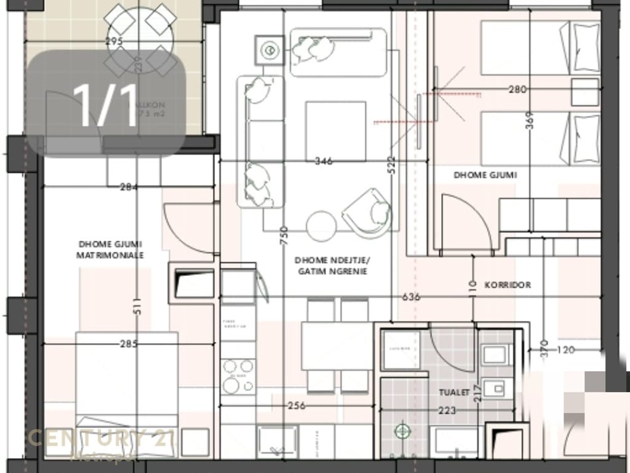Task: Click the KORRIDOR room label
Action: tap(508, 285)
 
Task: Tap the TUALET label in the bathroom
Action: tap(454, 392)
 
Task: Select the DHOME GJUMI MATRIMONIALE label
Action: tap(111, 249)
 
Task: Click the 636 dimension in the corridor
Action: tap(411, 297)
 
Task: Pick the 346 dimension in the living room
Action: tap(323, 161)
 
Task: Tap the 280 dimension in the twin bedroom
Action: tap(517, 89)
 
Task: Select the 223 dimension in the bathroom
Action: tap(447, 410)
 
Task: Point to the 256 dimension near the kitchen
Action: tap(297, 405)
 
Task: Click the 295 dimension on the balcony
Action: tap(114, 42)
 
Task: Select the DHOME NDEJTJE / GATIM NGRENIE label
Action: tap(330, 265)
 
